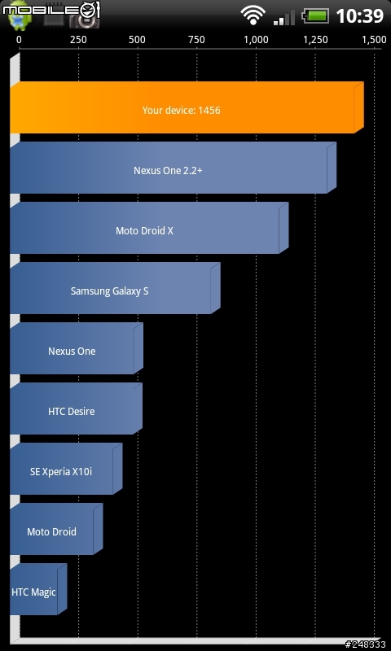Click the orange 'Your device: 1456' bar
187,107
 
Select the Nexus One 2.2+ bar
173,168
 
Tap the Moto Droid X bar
149,228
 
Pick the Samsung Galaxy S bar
115,288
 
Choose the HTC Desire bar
76,409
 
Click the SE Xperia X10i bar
66,469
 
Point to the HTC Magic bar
38,589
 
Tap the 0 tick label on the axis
19,40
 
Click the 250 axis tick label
78,40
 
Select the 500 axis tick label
137,40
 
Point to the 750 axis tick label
196,40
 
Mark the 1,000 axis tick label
256,40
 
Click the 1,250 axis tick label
315,40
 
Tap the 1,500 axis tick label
375,40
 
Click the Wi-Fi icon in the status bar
253,16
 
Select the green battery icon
316,16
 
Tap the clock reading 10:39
359,16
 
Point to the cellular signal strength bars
284,17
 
